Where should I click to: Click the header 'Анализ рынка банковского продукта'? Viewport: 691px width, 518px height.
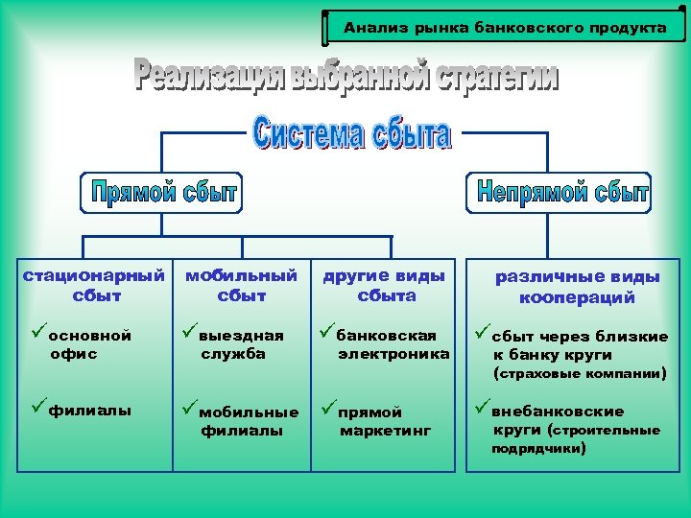coord(505,28)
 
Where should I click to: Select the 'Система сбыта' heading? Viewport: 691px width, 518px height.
coord(352,133)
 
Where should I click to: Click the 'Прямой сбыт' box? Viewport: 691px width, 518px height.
coord(164,193)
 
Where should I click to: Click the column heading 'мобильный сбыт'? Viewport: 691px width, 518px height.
coord(241,285)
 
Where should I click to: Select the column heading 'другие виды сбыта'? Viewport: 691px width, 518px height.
coord(384,285)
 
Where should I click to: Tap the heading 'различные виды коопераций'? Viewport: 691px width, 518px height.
coord(577,287)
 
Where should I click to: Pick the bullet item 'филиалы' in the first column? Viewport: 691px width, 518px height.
coord(90,411)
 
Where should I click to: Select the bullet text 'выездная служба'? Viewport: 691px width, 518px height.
coord(241,344)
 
